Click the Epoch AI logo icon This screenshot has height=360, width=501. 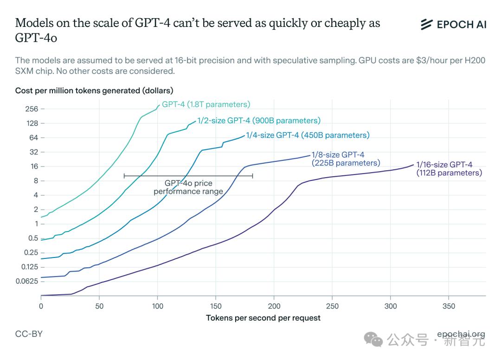coord(426,25)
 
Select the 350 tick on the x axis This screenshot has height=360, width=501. coord(449,306)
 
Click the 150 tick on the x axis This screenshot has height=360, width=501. coord(215,306)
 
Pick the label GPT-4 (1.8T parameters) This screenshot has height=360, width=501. coord(206,104)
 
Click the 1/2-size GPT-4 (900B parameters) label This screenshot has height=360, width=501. coord(259,121)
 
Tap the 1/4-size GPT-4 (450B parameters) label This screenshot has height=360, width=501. coord(308,135)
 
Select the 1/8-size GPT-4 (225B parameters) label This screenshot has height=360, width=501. coord(346,159)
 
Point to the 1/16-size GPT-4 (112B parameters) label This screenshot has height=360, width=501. coord(449,169)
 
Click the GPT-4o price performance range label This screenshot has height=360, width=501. coord(188,187)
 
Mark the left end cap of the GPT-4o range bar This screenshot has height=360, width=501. coord(124,176)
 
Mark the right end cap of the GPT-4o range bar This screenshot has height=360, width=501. coord(252,176)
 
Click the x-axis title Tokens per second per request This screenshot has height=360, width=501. coord(263,318)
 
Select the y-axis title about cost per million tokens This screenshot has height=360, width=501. coord(94,90)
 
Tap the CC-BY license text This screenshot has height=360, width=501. coord(29,334)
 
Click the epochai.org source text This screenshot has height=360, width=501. coord(461,334)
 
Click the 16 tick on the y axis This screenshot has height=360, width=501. coord(32,166)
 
